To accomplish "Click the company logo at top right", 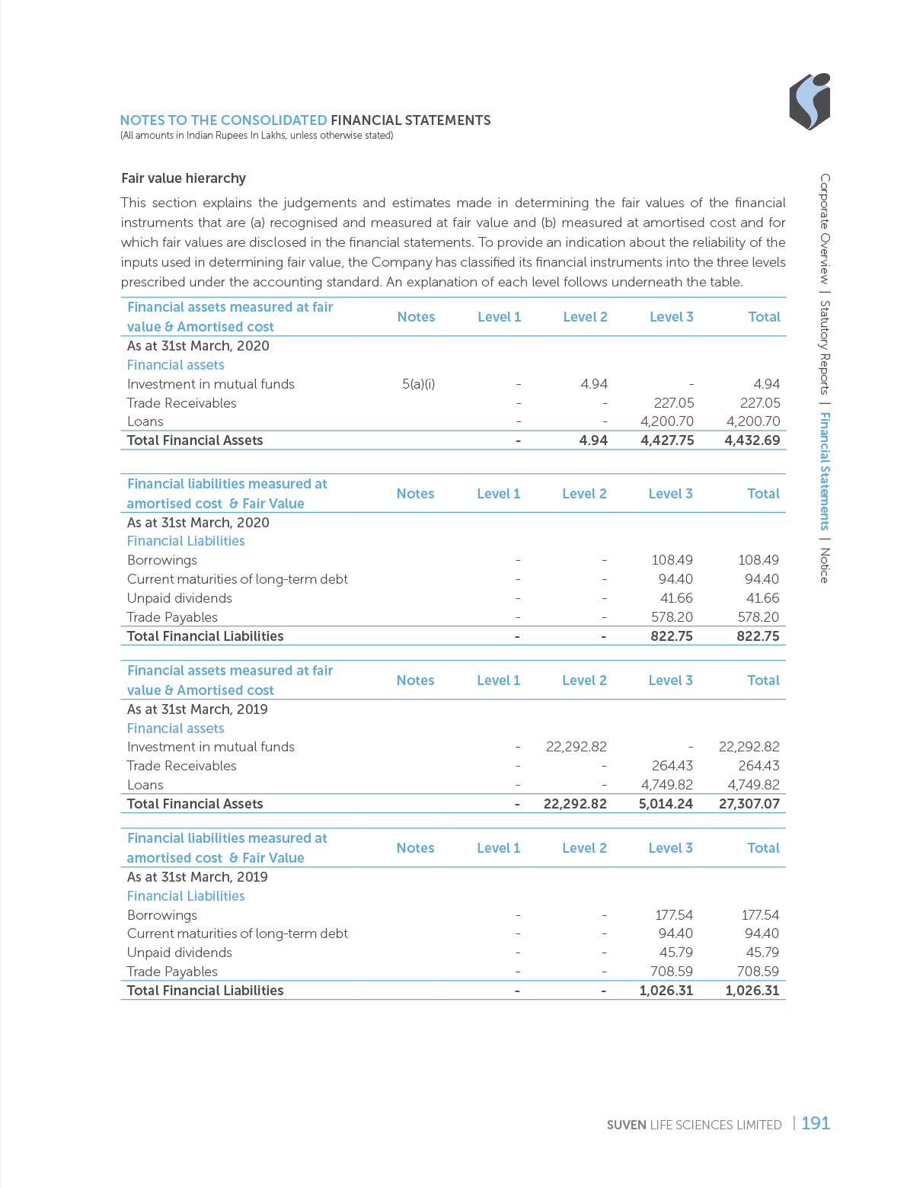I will click(x=809, y=101).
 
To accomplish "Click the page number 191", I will click(x=815, y=1122).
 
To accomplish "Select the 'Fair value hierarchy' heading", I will click(x=183, y=178).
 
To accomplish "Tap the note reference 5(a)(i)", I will click(x=418, y=384).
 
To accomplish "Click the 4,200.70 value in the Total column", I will click(x=752, y=421).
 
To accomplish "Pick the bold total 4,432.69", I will click(x=752, y=440).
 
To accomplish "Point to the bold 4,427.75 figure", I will click(x=667, y=440).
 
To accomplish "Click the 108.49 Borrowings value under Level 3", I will click(x=672, y=560).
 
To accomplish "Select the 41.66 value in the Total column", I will click(x=762, y=598).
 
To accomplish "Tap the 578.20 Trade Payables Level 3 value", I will click(x=672, y=617).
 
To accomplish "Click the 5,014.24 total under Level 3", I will click(x=666, y=804).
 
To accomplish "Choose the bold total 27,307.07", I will click(x=749, y=804).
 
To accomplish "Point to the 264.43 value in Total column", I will click(x=758, y=766).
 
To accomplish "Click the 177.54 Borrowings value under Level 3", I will click(x=674, y=915).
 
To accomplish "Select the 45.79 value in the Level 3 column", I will click(x=675, y=953).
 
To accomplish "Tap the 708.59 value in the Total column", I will click(x=758, y=972).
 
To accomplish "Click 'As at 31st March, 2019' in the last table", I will click(x=197, y=877).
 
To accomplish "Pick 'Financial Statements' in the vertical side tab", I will click(x=825, y=471).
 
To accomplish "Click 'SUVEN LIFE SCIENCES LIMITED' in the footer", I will click(x=695, y=1125).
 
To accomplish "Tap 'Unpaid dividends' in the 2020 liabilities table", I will click(x=179, y=598).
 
